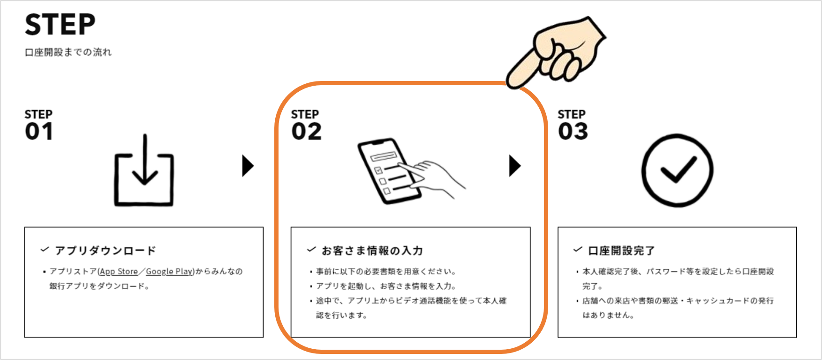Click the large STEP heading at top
click(60, 25)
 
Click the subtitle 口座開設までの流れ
click(68, 52)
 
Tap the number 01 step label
click(39, 132)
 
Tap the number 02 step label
click(307, 132)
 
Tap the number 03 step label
click(573, 132)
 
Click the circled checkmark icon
click(677, 170)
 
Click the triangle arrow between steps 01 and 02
click(248, 166)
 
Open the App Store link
click(119, 272)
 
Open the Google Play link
click(169, 272)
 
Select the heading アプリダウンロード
click(105, 251)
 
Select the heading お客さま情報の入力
click(372, 251)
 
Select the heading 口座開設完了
click(621, 251)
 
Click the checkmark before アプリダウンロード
click(45, 250)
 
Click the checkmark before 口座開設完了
click(578, 250)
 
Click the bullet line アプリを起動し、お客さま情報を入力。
click(386, 286)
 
